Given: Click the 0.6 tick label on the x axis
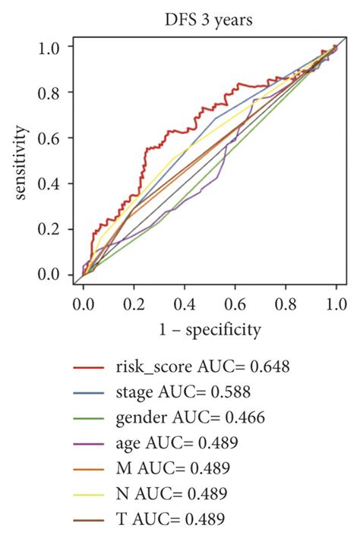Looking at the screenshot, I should [235, 304].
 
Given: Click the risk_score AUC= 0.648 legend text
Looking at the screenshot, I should [202, 367].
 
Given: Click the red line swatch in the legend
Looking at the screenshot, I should [88, 368].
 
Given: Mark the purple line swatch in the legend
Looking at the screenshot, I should [88, 443].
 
